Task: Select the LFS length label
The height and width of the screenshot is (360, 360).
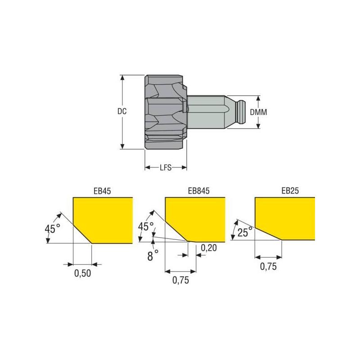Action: click(x=166, y=168)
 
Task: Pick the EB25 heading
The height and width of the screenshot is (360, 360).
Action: click(x=290, y=191)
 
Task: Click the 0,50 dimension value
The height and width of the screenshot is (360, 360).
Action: click(x=81, y=273)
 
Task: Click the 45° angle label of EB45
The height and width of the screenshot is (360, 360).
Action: click(x=52, y=229)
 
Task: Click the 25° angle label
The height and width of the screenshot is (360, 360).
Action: click(x=245, y=233)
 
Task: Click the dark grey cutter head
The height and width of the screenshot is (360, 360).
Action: click(x=164, y=112)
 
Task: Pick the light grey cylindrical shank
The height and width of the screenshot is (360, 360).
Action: click(x=208, y=112)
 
